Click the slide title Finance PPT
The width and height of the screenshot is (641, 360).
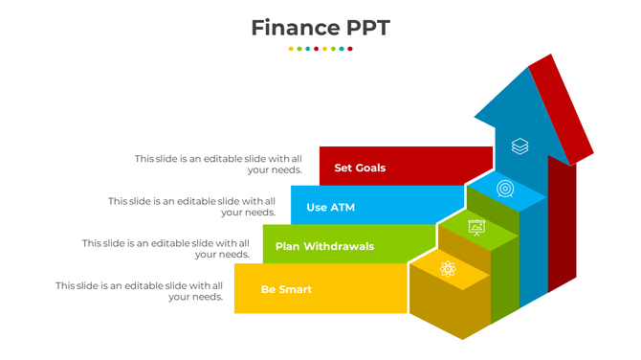(320, 28)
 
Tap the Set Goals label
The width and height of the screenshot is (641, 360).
(360, 169)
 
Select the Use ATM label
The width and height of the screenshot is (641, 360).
(330, 208)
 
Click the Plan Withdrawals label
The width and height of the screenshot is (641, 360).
(324, 247)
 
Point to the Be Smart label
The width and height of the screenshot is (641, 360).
(286, 289)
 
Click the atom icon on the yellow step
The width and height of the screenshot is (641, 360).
(448, 269)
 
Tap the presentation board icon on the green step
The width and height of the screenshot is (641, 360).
(476, 228)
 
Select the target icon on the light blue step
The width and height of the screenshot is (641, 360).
(505, 189)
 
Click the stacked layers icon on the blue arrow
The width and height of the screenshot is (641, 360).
(519, 146)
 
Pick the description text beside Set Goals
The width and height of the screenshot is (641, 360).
(218, 164)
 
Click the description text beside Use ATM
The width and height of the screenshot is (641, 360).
(191, 207)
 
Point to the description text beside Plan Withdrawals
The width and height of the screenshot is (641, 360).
(166, 249)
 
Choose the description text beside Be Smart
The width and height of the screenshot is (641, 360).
(139, 291)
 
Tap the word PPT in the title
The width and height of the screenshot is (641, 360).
(368, 28)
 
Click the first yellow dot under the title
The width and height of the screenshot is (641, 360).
(291, 48)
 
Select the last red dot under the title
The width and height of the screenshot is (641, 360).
(350, 48)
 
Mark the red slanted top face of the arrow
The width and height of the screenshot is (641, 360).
(562, 108)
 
